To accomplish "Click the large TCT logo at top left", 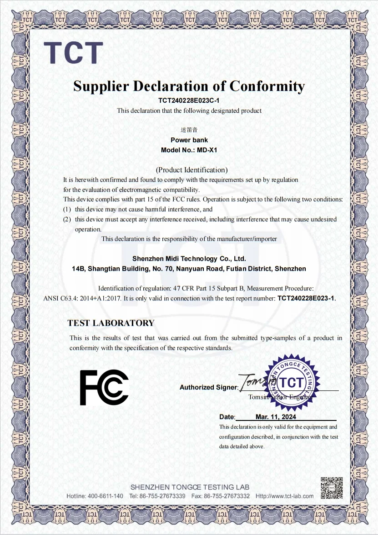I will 73,53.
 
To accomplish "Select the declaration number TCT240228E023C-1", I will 189,100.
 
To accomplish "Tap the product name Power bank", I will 189,140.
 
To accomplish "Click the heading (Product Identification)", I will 192,170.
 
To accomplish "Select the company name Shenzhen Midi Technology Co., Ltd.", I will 189,259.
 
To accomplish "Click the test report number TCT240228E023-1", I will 306,298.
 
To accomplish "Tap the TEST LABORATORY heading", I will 111,323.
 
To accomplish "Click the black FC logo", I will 104,387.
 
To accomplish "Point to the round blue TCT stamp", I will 292,382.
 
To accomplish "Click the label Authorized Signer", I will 208,387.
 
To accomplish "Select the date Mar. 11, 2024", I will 276,417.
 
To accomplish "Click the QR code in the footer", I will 331,487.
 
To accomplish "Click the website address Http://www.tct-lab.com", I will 284,496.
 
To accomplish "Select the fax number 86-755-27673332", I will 227,496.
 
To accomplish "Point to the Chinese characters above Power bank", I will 189,130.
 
